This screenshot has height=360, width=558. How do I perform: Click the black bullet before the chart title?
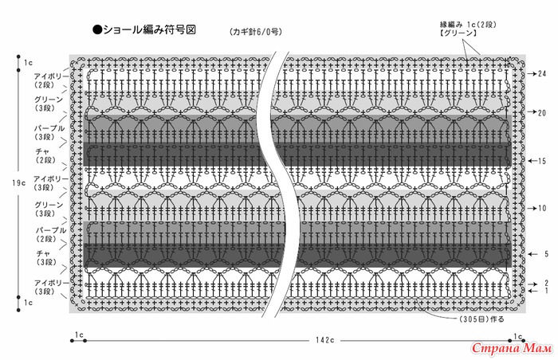[x=97, y=30]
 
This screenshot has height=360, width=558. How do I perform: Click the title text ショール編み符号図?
[x=150, y=29]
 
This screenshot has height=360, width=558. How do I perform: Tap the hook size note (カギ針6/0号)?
[x=256, y=32]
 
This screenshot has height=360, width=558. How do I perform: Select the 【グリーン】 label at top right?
[x=458, y=33]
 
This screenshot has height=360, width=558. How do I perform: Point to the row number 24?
[x=542, y=73]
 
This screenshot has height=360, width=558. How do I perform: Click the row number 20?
[x=541, y=113]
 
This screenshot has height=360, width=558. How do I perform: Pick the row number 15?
[x=541, y=161]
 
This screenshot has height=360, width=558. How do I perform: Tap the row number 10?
[x=541, y=208]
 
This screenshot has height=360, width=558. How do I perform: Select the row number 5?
[x=546, y=254]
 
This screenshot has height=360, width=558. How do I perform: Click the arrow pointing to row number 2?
[x=532, y=284]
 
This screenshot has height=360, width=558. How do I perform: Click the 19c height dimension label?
[x=19, y=183]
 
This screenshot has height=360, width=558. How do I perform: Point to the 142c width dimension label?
[x=325, y=340]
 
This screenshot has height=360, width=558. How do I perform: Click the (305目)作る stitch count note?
[x=481, y=319]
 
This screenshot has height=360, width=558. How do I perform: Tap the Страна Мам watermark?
[x=512, y=348]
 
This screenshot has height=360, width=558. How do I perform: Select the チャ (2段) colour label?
[x=45, y=156]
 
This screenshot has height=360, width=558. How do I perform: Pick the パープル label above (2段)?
[x=51, y=230]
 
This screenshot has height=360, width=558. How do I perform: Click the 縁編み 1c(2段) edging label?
[x=468, y=25]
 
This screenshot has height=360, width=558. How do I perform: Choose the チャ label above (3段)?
[x=43, y=253]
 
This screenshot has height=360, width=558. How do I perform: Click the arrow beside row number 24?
[x=532, y=73]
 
